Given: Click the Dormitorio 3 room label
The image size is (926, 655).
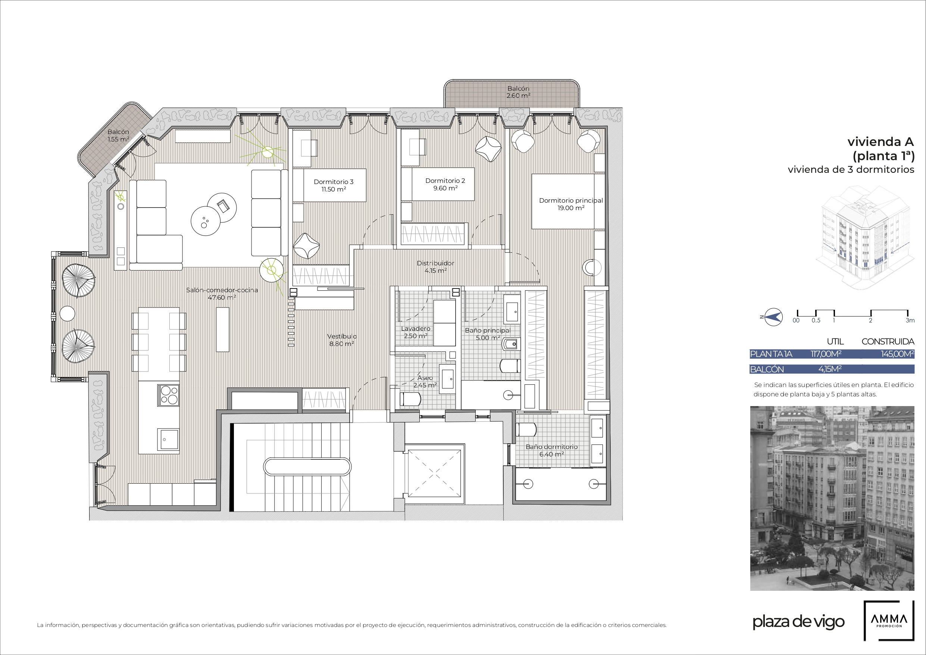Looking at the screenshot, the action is coord(334,185).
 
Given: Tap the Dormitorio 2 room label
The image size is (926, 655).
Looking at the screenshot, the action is coord(445,184).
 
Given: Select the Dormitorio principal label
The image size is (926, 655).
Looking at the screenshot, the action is coord(571,204).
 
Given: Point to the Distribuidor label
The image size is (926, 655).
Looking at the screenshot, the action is coord(435,267).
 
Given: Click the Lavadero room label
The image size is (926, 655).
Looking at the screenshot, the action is coord(415,332).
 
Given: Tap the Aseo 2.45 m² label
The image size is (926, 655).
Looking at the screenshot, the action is coord(425,381).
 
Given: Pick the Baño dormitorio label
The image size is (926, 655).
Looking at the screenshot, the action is coord(551,450).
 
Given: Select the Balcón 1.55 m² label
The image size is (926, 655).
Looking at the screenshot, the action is coord(118,135).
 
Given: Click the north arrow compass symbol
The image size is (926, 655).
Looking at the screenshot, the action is coord(772,317).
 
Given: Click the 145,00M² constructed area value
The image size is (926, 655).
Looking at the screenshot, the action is coord(897,354).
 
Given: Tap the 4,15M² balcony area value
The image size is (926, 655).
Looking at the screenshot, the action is coord(830,369).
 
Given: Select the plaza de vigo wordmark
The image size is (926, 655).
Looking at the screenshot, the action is coord(798,621).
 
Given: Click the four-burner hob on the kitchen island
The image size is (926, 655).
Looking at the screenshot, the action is coord(169,395).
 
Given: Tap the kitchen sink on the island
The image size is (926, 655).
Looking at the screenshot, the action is coord(169,439).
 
